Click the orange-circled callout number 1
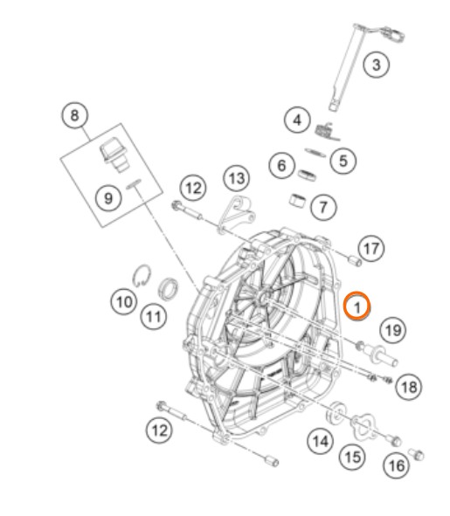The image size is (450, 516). coord(357,306)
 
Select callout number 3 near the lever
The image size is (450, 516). coord(377,64)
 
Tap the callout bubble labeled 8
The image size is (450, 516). coord(75,115)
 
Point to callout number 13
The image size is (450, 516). coord(237,178)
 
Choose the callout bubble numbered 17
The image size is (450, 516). coord(371,248)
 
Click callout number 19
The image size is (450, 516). coord(393,329)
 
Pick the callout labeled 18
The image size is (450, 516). coord(409,387)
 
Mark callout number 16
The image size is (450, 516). coord(397,465)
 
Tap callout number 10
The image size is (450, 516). coord(124,301)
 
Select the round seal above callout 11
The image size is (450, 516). coord(169,289)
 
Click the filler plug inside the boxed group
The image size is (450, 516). coord(114,155)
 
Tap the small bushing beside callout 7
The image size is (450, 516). coord(297,201)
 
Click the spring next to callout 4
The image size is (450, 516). coord(327,132)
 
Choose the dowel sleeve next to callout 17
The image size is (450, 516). coord(355,261)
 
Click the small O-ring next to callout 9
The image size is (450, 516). coord(134,183)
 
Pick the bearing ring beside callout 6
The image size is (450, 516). coord(308,175)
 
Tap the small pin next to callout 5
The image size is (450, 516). coord(315,152)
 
